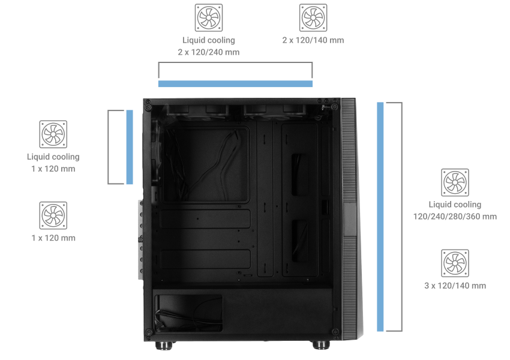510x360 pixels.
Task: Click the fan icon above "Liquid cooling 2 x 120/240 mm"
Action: (x=208, y=17)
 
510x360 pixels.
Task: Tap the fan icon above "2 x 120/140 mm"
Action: (x=313, y=17)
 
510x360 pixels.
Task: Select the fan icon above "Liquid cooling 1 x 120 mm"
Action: (x=53, y=134)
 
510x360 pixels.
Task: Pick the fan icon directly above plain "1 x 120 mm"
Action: (x=53, y=215)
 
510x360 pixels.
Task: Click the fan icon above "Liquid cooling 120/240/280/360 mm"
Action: (x=455, y=182)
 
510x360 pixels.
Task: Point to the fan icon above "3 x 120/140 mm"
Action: (x=455, y=263)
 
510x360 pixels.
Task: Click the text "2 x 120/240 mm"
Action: (x=208, y=52)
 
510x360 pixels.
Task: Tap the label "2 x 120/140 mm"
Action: (x=313, y=40)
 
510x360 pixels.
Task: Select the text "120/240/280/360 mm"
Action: (x=455, y=217)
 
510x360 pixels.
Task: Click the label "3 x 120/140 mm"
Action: (x=455, y=286)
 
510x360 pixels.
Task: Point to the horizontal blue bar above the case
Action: (x=235, y=84)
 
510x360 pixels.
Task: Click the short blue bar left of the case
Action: (x=130, y=147)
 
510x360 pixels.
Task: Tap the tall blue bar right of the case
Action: (x=380, y=217)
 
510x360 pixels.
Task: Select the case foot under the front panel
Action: (x=321, y=345)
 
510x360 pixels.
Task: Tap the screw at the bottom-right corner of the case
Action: (x=335, y=332)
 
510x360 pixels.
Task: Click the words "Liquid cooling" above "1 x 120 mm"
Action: (x=53, y=157)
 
